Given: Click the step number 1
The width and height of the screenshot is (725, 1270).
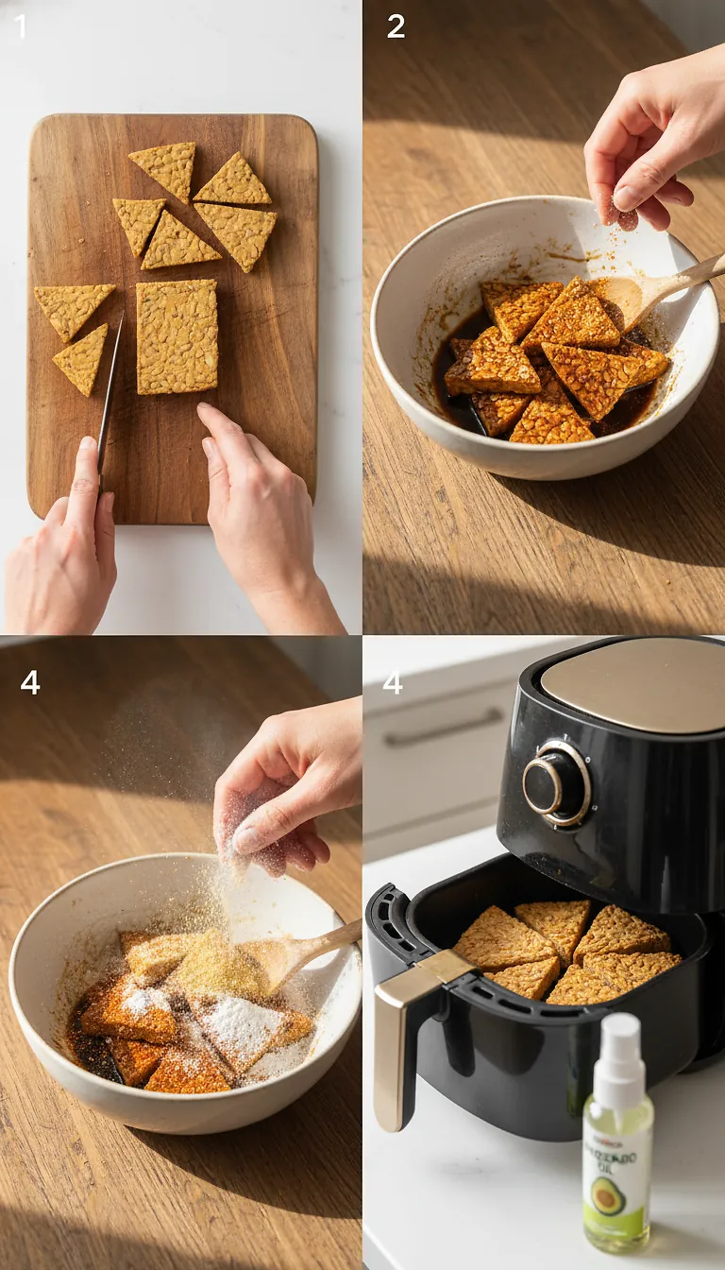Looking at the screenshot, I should [x=21, y=26].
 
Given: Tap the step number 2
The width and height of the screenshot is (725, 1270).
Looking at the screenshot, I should [x=396, y=26].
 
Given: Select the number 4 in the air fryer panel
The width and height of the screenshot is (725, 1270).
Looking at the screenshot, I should [x=393, y=681].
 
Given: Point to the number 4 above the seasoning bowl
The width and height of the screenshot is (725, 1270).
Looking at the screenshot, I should [x=30, y=681].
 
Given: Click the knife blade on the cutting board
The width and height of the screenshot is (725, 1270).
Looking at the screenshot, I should [x=110, y=387].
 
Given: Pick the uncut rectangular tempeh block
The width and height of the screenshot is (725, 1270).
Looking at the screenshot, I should [x=177, y=335].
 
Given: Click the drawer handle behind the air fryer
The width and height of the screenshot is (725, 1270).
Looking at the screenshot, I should [x=444, y=728].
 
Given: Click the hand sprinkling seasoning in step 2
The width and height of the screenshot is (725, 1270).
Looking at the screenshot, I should [x=651, y=142].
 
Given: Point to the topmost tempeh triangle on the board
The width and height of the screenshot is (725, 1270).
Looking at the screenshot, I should [x=166, y=166].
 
